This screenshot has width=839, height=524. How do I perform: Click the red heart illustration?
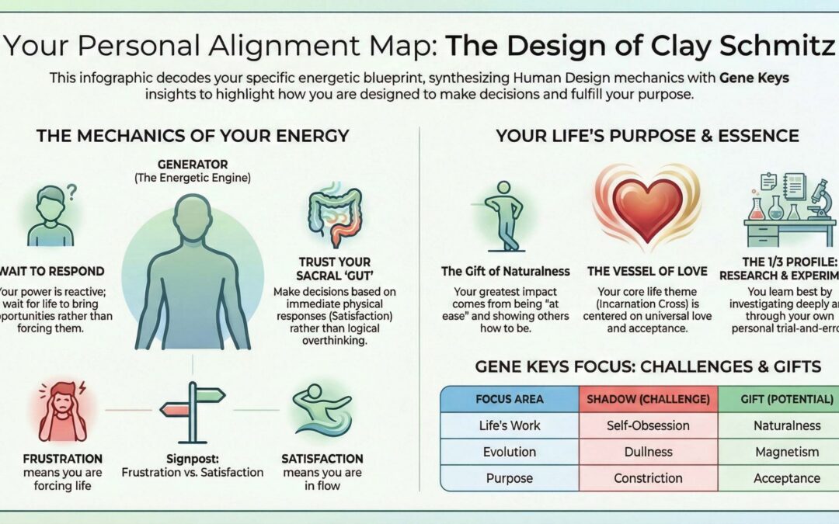coord(647,209)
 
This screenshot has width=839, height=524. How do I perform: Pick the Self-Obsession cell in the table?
coord(647,425)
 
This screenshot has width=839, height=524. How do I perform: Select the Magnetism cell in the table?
coord(786,452)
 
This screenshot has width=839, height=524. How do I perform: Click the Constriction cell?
coord(647,478)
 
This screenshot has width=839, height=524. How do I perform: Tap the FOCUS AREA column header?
coord(509,399)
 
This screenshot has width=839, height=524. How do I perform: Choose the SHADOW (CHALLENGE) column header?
coord(647,399)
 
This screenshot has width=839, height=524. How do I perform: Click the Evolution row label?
coord(509,452)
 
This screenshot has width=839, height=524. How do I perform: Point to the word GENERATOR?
coord(192,165)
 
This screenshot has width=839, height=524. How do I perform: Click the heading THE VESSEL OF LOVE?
coord(647,271)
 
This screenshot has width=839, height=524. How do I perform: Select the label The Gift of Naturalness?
coord(506,271)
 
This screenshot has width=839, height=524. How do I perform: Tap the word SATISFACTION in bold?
coord(322,458)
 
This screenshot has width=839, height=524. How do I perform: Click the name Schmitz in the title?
coord(784,47)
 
